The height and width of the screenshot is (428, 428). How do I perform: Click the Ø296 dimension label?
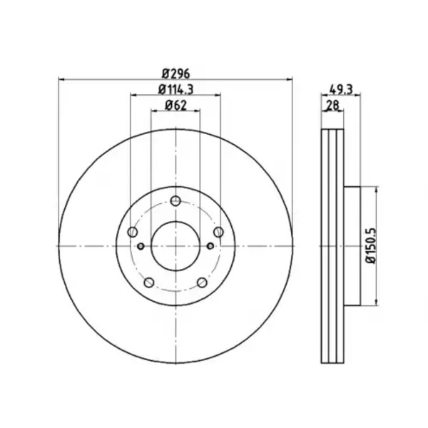coord(175,73)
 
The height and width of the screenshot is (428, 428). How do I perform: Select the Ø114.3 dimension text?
coord(175,89)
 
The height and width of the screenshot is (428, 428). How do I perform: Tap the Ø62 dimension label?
coord(175,106)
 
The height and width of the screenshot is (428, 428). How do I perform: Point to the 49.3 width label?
coord(341,89)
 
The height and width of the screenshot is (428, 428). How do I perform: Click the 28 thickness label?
coord(332,105)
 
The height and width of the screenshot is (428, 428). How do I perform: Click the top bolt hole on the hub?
coord(175,201)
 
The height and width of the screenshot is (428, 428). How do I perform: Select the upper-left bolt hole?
coord(133,232)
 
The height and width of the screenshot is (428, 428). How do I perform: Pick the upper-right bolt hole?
coord(218,232)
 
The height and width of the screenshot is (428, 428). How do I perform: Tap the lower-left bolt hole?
coord(149,282)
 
